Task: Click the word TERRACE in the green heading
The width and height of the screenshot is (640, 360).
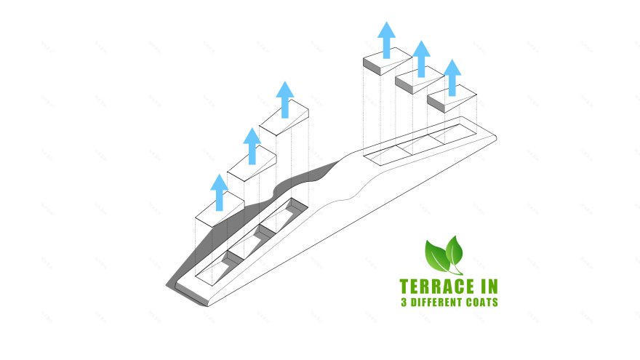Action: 437,287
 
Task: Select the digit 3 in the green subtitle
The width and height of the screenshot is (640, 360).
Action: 404,303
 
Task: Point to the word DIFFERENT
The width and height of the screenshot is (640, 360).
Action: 437,303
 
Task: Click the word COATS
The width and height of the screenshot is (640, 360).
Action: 482,303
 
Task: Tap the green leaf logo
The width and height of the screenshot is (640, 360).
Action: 444,255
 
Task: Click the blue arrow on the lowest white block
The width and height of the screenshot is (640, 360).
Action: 219,192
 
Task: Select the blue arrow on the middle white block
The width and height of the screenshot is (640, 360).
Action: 252,146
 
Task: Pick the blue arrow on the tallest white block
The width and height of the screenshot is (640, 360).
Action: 285,100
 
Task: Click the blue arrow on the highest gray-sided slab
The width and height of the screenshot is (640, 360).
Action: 386,40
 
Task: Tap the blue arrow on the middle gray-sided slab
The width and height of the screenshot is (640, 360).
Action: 422,59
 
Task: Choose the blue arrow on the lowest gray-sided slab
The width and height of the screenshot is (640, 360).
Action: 452,78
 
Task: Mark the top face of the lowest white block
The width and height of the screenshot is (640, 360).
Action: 220,209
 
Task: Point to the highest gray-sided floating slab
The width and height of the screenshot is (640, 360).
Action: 388,61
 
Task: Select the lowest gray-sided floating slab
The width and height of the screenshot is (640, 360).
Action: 452,98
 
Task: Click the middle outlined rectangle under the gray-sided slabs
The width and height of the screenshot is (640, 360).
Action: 420,144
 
